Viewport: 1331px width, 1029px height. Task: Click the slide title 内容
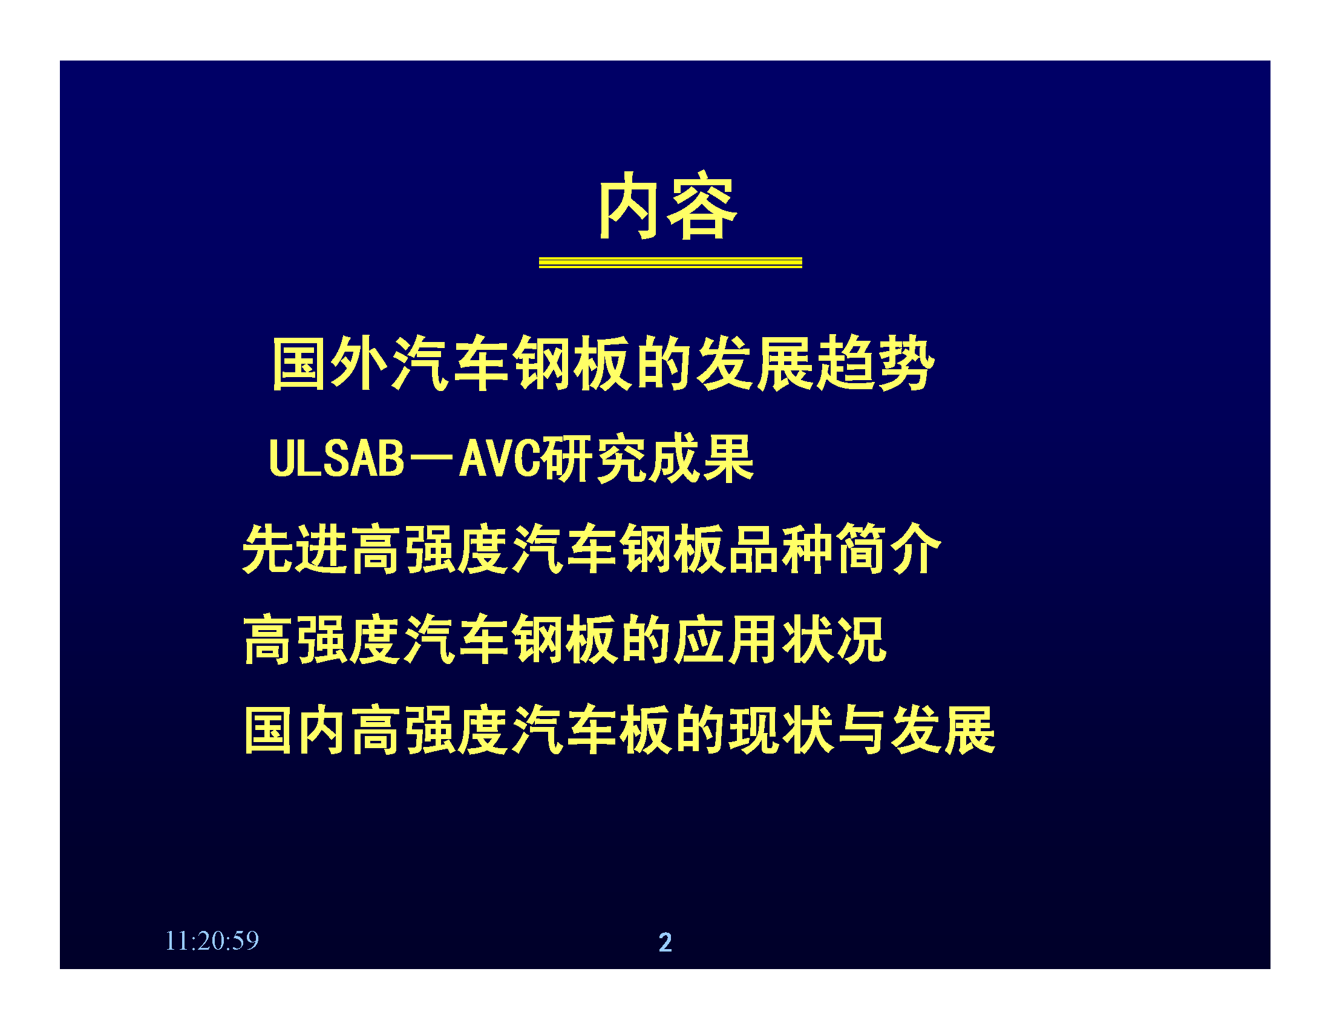(669, 205)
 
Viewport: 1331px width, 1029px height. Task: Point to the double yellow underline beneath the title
(670, 263)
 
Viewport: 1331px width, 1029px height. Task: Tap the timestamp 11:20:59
(212, 941)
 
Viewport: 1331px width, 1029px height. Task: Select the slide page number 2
(665, 942)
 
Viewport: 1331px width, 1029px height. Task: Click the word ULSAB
(336, 458)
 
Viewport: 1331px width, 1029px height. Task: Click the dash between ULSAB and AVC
(432, 458)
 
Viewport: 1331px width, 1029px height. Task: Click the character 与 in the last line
(861, 730)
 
